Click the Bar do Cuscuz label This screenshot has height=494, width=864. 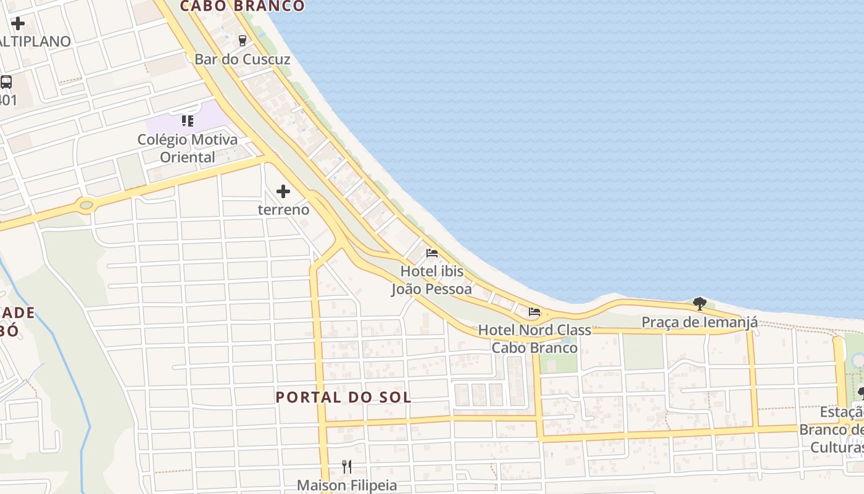(x=242, y=59)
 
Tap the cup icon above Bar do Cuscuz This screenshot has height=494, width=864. (x=242, y=41)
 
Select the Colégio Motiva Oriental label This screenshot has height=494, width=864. (x=188, y=148)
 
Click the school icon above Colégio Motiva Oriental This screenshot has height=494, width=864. (x=188, y=120)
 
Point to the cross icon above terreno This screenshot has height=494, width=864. (x=283, y=191)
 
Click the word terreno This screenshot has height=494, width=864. (x=283, y=209)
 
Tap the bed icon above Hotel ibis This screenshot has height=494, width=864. (x=432, y=253)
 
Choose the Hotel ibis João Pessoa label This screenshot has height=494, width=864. (x=432, y=280)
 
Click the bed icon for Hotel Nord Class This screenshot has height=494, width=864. (x=534, y=312)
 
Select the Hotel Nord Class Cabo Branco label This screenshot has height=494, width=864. (x=534, y=338)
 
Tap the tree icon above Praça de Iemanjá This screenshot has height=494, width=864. (x=699, y=303)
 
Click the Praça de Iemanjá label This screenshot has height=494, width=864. (x=699, y=322)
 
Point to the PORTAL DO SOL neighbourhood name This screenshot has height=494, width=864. (x=343, y=397)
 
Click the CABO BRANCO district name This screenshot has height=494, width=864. (x=243, y=6)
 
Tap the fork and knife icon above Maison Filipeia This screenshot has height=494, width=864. (x=347, y=467)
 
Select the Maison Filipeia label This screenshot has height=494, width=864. (x=347, y=485)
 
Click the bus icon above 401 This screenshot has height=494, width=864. (x=6, y=82)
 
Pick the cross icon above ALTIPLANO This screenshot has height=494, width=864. (x=18, y=23)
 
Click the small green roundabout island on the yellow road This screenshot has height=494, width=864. (x=86, y=204)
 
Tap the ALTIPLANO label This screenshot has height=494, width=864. (x=35, y=41)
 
